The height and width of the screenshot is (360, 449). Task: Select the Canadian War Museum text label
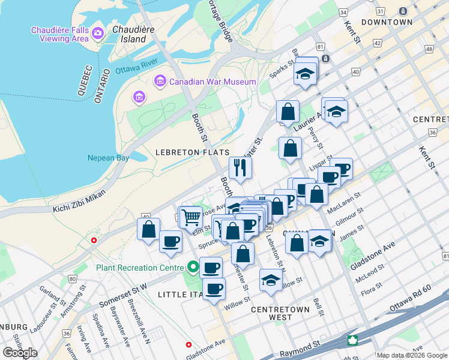[x=212, y=82]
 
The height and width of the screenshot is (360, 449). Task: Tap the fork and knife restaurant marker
[x=240, y=169]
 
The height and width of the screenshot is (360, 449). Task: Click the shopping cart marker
[x=191, y=216]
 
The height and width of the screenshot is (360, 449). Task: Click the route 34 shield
[x=343, y=12]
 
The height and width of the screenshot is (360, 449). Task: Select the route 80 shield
[x=73, y=278]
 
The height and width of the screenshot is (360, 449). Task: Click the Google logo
[x=20, y=353]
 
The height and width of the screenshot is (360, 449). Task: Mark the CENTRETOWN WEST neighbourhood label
[x=280, y=314]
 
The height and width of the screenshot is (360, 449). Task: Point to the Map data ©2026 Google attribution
[x=411, y=355]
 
